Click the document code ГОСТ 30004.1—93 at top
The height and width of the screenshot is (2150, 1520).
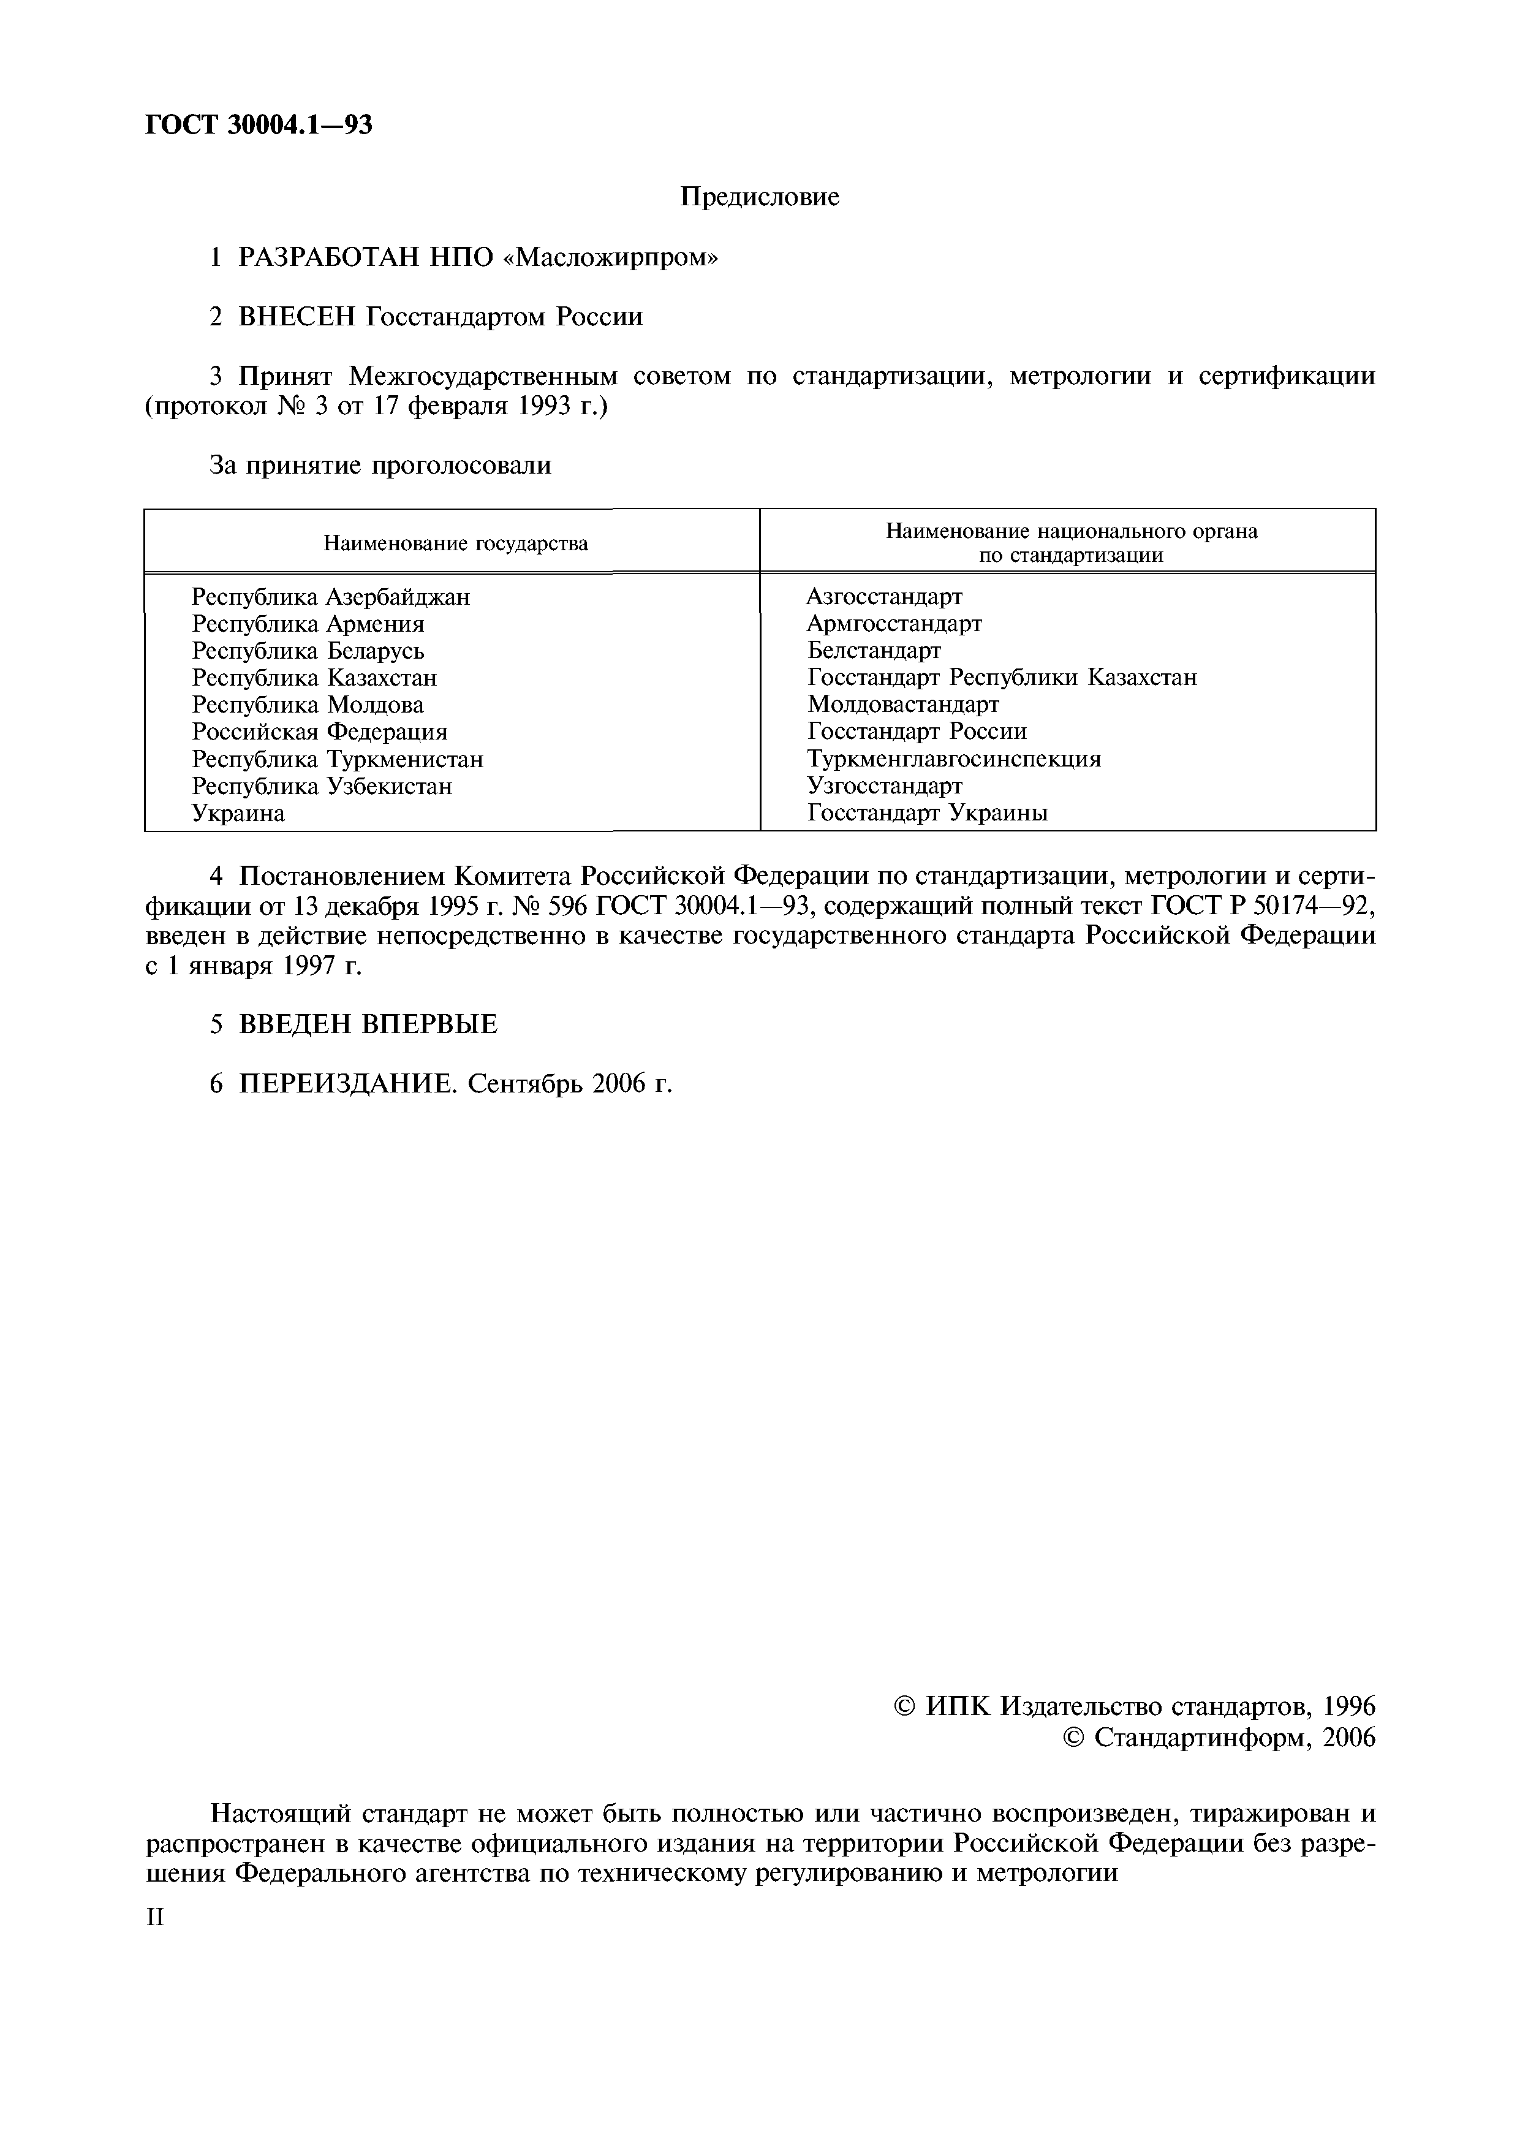(259, 124)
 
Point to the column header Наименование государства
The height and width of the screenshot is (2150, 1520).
(455, 543)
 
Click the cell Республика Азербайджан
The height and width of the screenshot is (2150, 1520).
(331, 597)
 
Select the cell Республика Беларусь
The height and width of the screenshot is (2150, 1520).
(308, 651)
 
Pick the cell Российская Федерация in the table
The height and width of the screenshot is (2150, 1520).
(319, 732)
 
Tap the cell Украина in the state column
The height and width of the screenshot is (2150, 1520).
(238, 813)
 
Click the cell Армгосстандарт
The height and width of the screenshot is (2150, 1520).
(894, 623)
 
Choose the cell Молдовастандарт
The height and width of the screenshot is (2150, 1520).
(903, 704)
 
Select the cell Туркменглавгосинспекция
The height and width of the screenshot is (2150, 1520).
(953, 759)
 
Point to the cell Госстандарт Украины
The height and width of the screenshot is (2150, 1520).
(927, 813)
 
